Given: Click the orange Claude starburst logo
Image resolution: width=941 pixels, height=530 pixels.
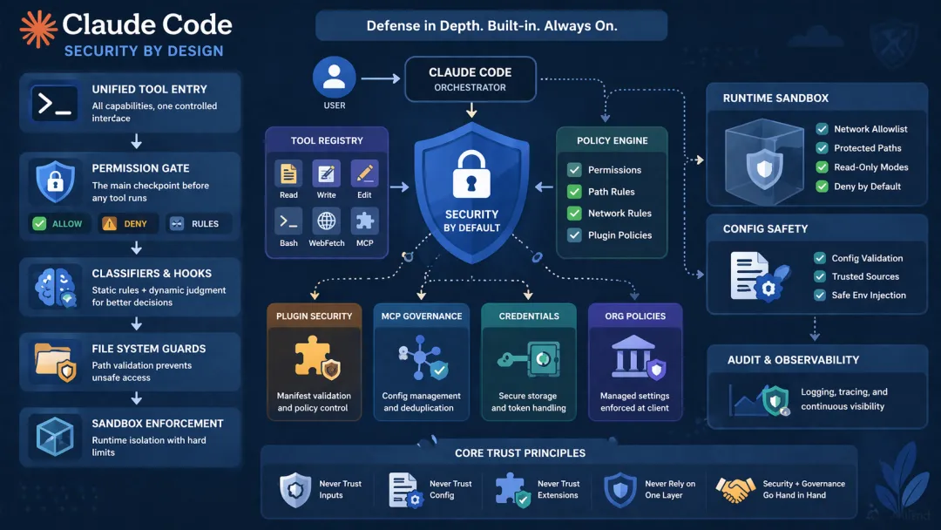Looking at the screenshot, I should (x=38, y=29).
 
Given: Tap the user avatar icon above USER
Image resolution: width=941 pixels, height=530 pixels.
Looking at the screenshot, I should (x=334, y=78).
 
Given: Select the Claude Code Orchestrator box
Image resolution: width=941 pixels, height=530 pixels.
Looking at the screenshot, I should (x=470, y=78).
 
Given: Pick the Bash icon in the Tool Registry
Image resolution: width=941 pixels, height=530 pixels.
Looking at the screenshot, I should (x=288, y=221).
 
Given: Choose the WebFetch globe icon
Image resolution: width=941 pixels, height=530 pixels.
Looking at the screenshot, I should (x=326, y=221).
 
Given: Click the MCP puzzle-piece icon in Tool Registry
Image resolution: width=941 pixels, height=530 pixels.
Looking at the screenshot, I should (x=364, y=221).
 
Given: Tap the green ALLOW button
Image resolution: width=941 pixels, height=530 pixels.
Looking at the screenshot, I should (x=58, y=224).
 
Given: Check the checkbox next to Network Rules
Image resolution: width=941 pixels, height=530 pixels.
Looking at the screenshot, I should (x=574, y=214).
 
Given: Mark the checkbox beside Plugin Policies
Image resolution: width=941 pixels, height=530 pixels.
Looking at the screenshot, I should (x=574, y=235).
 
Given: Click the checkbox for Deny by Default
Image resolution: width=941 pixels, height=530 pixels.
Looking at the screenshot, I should (x=822, y=187).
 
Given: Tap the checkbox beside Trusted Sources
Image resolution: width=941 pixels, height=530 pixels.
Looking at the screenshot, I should (x=820, y=276).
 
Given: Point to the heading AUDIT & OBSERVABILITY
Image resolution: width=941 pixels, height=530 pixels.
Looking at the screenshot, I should (x=793, y=360).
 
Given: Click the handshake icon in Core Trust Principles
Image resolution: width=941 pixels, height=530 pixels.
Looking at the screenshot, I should (x=735, y=490).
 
